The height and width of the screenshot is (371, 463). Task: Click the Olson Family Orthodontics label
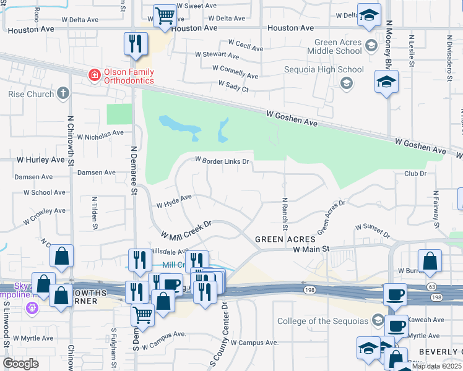click(128, 76)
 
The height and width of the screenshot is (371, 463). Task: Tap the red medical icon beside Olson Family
click(94, 75)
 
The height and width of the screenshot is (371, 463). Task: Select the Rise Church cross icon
click(63, 94)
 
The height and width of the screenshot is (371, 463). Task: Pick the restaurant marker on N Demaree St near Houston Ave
click(134, 43)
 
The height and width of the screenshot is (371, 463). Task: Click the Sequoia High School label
click(324, 70)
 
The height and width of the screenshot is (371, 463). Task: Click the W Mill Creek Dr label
click(186, 229)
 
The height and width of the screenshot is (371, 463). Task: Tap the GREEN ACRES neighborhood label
click(285, 239)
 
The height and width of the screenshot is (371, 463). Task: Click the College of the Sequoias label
click(322, 321)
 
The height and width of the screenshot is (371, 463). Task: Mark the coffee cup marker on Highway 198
click(394, 295)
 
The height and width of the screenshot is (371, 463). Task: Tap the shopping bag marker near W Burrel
click(430, 260)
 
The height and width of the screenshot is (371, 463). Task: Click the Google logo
click(20, 363)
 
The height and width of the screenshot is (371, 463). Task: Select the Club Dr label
click(415, 174)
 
